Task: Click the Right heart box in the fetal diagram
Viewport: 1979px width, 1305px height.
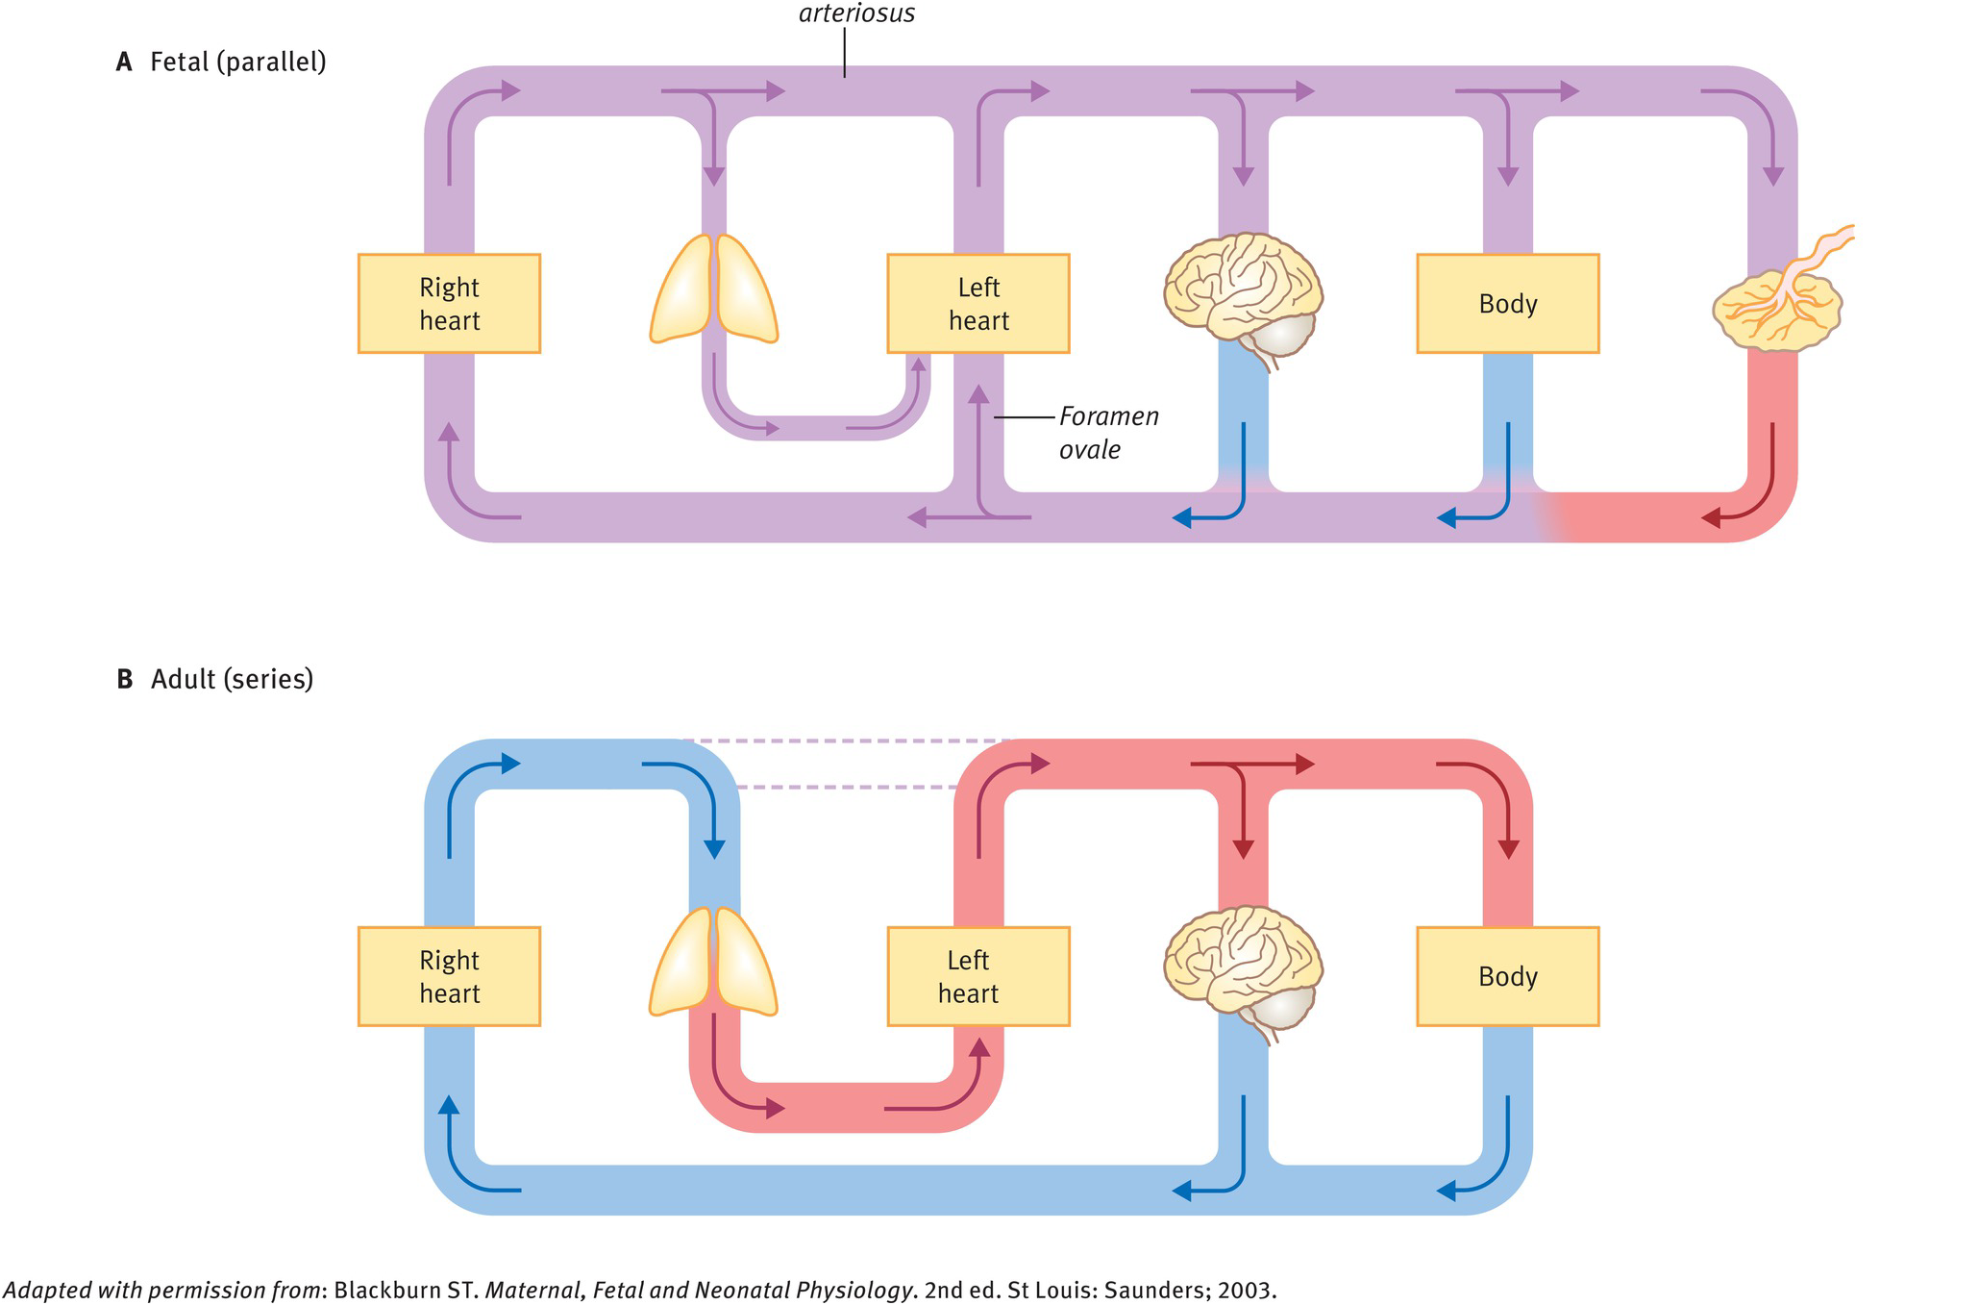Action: pos(449,304)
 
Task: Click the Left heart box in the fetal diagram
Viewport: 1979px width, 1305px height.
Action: pos(977,304)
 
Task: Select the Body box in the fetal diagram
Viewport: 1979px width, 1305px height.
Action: pos(1507,304)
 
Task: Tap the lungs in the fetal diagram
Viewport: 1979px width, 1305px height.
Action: pos(713,289)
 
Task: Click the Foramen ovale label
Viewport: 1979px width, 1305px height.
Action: pos(1108,433)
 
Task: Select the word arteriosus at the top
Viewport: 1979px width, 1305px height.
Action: pos(856,13)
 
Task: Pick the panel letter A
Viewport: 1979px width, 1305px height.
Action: pos(124,63)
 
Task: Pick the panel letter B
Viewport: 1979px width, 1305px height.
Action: pos(124,680)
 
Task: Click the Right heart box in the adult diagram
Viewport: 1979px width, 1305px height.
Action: pos(449,977)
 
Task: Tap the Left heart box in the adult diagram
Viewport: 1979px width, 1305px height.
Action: pos(977,977)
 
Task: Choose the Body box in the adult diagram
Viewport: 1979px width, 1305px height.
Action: pos(1507,977)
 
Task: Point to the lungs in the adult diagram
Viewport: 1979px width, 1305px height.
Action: pos(713,962)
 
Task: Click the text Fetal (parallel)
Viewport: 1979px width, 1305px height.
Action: pos(237,63)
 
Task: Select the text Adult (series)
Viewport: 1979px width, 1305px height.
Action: pos(232,680)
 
